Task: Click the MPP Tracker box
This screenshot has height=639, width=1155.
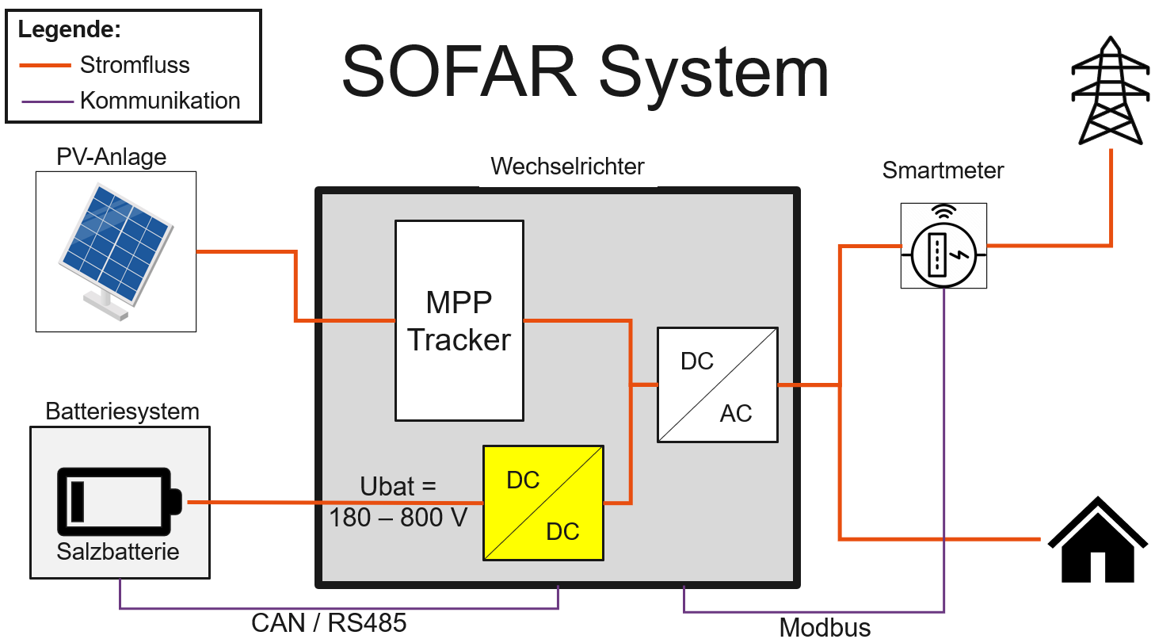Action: point(459,320)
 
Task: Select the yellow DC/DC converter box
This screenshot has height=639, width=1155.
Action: point(543,503)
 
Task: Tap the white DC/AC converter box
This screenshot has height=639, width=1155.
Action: point(717,385)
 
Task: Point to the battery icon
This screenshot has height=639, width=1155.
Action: point(119,500)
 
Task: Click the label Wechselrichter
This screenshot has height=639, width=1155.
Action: point(567,167)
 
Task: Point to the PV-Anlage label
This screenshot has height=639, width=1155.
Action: point(112,157)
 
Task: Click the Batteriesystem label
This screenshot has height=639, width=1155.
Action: point(122,412)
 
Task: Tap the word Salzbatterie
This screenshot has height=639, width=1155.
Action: point(118,552)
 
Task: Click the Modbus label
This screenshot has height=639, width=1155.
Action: point(825,627)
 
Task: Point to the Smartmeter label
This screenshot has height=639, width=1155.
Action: point(943,170)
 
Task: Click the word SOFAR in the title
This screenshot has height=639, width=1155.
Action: point(459,73)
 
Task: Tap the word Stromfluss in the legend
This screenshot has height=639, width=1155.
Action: point(135,65)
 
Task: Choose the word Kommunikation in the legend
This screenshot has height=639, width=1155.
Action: point(160,101)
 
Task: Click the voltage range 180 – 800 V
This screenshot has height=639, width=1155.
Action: point(398,518)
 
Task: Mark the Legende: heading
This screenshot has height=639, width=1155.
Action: point(70,31)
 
